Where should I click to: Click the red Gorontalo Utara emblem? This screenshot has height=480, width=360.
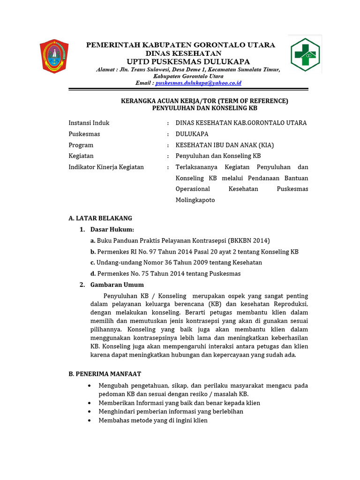[x=54, y=56]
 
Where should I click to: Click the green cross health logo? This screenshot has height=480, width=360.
[x=305, y=55]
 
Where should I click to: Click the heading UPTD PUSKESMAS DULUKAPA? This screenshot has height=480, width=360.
[x=188, y=62]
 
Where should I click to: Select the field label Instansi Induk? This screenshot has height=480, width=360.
[x=89, y=123]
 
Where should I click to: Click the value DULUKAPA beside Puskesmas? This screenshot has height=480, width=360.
[x=192, y=134]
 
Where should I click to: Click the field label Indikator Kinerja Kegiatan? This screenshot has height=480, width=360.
[x=106, y=167]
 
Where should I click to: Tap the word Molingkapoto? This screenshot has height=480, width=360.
[x=195, y=200]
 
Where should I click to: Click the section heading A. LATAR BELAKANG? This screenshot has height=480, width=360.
[x=100, y=218]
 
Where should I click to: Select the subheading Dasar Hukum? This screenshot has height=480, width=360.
[x=112, y=229]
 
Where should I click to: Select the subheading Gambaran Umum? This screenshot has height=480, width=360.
[x=117, y=285]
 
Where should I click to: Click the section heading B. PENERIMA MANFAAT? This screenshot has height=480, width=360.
[x=105, y=374]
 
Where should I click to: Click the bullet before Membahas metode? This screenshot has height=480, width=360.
[x=90, y=420]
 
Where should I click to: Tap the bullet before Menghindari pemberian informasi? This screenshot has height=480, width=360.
[x=90, y=412]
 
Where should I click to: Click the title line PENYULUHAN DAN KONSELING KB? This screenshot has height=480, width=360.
[x=205, y=108]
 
